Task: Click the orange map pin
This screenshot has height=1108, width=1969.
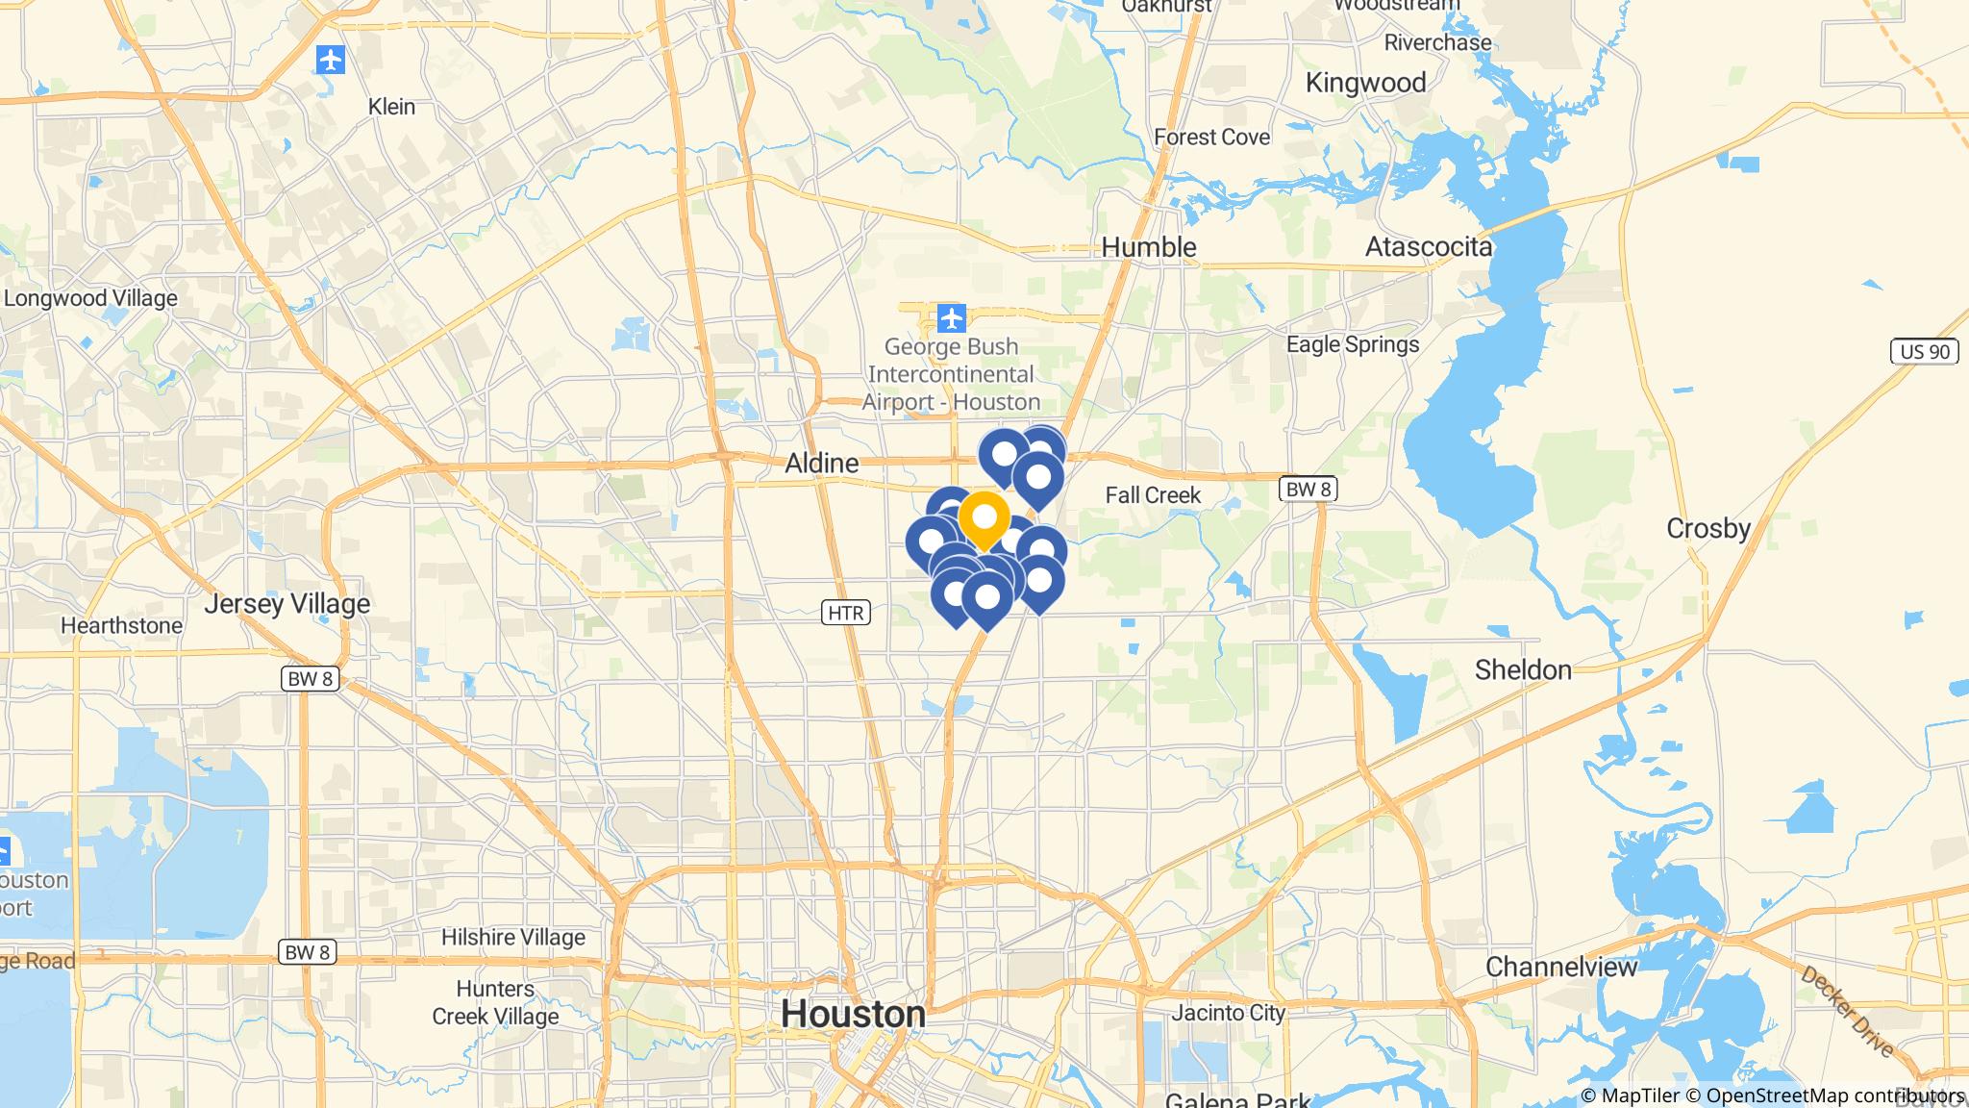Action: pyautogui.click(x=984, y=519)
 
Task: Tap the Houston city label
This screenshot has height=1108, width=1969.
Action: pyautogui.click(x=853, y=1014)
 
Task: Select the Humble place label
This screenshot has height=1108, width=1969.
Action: pyautogui.click(x=1149, y=247)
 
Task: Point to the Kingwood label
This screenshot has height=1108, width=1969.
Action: pyautogui.click(x=1365, y=83)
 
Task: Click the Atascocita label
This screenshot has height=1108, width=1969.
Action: pyautogui.click(x=1429, y=247)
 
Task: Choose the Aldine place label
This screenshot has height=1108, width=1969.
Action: pyautogui.click(x=821, y=464)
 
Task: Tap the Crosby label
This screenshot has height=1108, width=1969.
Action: pyautogui.click(x=1707, y=528)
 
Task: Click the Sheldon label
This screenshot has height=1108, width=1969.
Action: pyautogui.click(x=1523, y=669)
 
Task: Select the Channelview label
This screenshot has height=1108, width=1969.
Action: pyautogui.click(x=1561, y=967)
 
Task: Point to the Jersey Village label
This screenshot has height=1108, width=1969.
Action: pyautogui.click(x=287, y=604)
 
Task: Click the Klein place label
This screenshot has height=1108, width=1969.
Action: pyautogui.click(x=391, y=107)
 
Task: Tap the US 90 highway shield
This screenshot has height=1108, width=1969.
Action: pyautogui.click(x=1925, y=352)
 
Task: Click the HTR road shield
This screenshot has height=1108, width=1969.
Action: pyautogui.click(x=845, y=612)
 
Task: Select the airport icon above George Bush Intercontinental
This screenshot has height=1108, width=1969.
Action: pyautogui.click(x=951, y=316)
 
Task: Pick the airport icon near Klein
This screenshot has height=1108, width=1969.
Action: pyautogui.click(x=330, y=61)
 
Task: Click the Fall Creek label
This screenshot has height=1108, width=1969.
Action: pyautogui.click(x=1153, y=495)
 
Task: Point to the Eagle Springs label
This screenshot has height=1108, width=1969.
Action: pyautogui.click(x=1353, y=344)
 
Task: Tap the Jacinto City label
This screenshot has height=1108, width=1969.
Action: pyautogui.click(x=1228, y=1013)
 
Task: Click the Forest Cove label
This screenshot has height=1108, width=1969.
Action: pyautogui.click(x=1211, y=138)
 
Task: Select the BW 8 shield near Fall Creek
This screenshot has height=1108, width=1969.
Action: pyautogui.click(x=1308, y=490)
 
